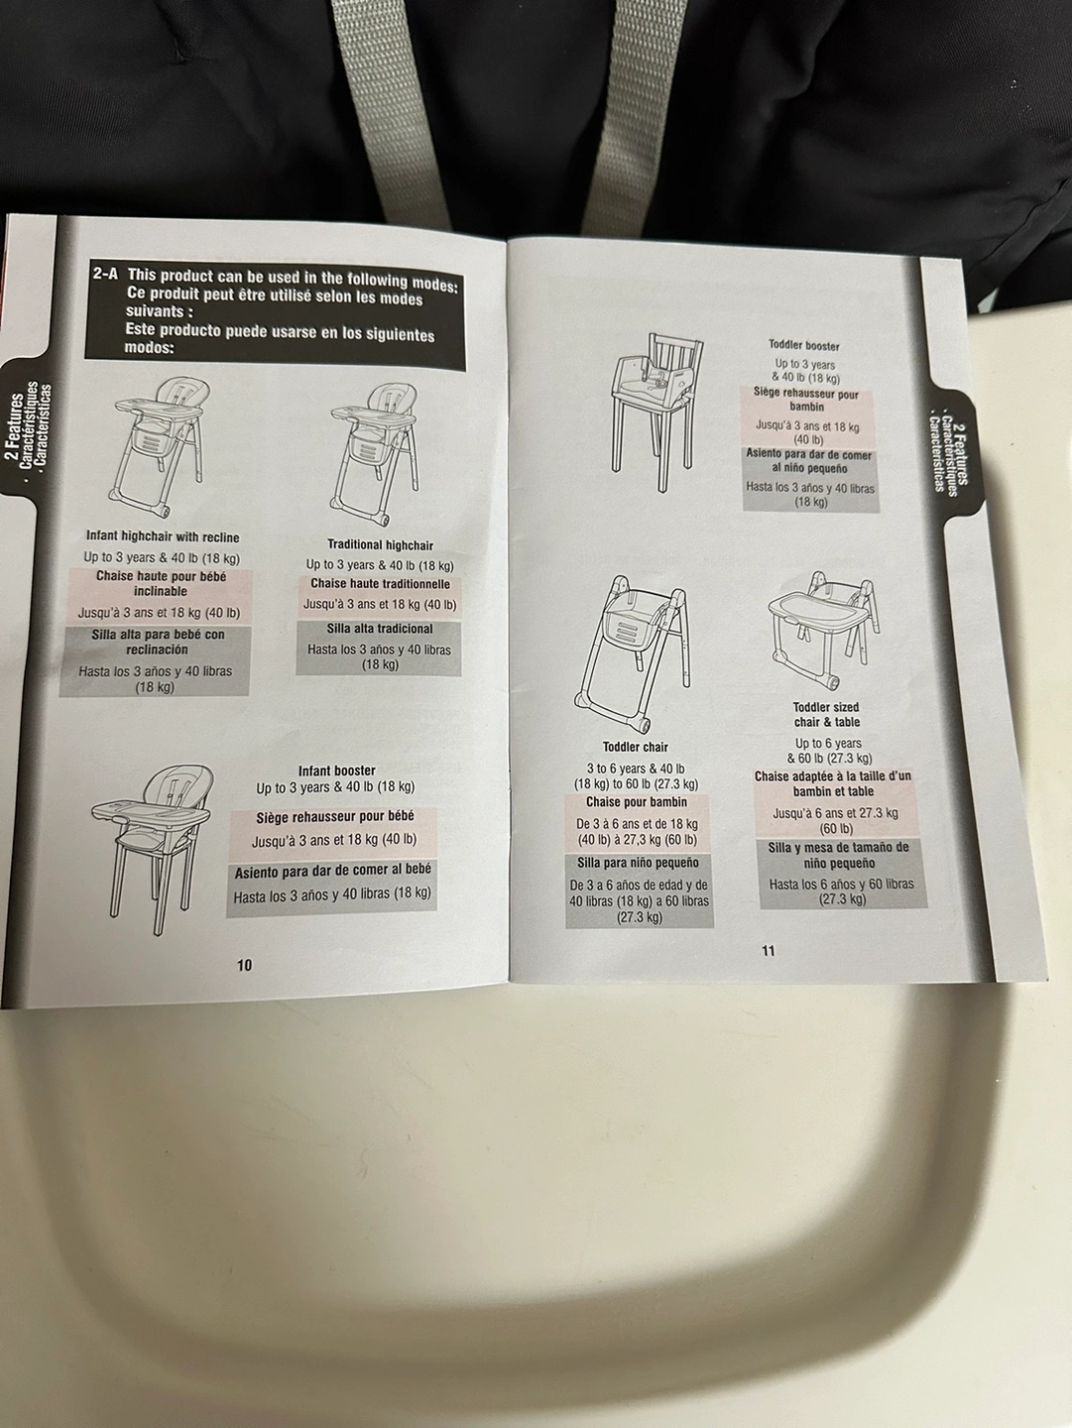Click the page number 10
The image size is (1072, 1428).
click(x=244, y=965)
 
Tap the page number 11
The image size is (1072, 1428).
click(x=769, y=950)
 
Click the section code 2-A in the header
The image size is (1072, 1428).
click(x=105, y=274)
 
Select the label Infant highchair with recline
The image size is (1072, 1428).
click(x=163, y=537)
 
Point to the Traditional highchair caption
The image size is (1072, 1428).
click(x=380, y=544)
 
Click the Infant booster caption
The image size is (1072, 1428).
click(x=337, y=771)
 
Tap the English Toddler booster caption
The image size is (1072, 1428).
click(x=804, y=346)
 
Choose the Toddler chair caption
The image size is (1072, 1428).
click(x=635, y=747)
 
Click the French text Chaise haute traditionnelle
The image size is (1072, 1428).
click(x=381, y=583)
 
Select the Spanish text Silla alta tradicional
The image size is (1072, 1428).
click(x=380, y=629)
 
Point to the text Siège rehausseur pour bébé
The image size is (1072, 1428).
click(x=335, y=817)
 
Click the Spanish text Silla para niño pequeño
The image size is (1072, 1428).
click(x=638, y=863)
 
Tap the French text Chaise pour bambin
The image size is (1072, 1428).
click(x=637, y=802)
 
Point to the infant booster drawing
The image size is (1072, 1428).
click(x=152, y=850)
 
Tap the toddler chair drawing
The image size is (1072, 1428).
click(x=632, y=654)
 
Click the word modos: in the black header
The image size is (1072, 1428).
click(x=150, y=347)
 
